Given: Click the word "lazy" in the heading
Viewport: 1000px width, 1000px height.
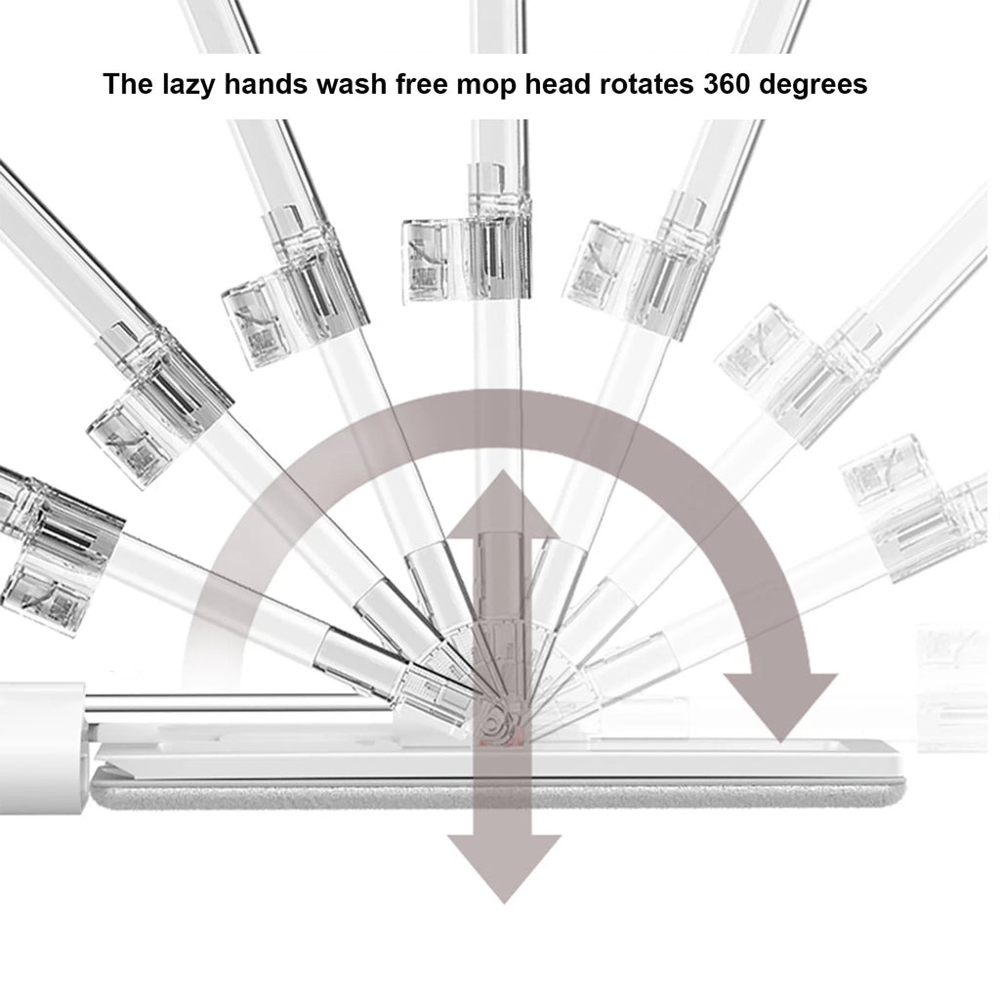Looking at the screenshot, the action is (187, 85).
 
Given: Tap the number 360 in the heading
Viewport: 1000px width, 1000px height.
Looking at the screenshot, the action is (727, 84).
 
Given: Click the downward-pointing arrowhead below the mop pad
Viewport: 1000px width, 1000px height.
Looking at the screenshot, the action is (504, 867).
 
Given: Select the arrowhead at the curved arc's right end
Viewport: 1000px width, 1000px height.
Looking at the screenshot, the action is (780, 707).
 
